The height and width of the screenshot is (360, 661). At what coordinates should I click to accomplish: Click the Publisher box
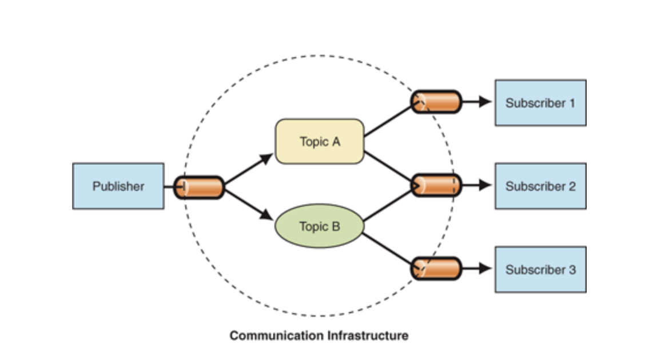pyautogui.click(x=118, y=186)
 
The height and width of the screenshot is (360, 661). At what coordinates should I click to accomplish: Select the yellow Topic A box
pyautogui.click(x=319, y=142)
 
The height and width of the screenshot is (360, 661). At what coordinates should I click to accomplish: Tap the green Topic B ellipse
pyautogui.click(x=319, y=226)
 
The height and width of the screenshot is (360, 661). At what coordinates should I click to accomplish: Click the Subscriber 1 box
pyautogui.click(x=540, y=103)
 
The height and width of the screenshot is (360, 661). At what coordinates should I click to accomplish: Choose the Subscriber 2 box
pyautogui.click(x=540, y=186)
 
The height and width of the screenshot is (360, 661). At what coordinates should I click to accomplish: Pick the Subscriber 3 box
pyautogui.click(x=540, y=269)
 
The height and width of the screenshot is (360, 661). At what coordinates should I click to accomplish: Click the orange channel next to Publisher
pyautogui.click(x=198, y=187)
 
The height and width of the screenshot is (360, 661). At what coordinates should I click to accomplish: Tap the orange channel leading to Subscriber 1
pyautogui.click(x=436, y=102)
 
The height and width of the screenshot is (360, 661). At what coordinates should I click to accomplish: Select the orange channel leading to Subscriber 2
pyautogui.click(x=436, y=185)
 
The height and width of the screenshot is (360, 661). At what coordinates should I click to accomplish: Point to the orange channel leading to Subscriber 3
pyautogui.click(x=436, y=269)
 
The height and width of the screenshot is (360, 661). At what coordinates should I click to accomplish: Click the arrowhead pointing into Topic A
pyautogui.click(x=267, y=158)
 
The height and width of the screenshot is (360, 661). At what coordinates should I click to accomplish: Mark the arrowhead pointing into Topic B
pyautogui.click(x=267, y=216)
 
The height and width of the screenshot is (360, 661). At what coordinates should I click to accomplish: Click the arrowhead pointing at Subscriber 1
pyautogui.click(x=485, y=102)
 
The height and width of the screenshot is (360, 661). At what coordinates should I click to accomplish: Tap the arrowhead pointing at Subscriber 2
pyautogui.click(x=485, y=185)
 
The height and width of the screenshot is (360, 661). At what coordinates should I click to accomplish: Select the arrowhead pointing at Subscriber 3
pyautogui.click(x=485, y=269)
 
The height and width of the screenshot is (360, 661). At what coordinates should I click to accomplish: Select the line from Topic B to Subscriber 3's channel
pyautogui.click(x=389, y=249)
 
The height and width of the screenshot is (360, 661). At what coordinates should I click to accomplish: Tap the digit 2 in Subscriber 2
pyautogui.click(x=572, y=186)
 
